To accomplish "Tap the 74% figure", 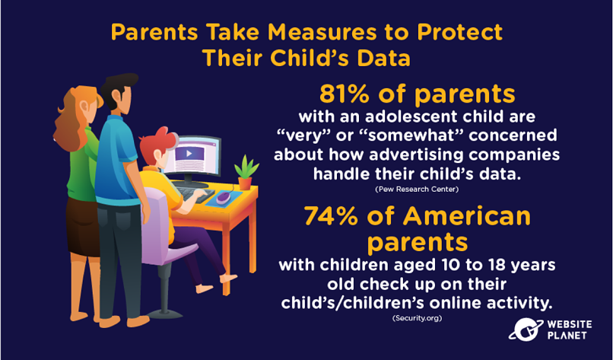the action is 331,216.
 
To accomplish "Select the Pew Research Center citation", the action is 417,190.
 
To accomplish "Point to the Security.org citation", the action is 417,318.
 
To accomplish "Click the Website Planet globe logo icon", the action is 526,329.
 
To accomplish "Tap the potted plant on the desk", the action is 246,173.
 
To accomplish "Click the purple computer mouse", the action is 222,198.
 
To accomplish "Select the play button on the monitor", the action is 189,154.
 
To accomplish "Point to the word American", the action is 466,216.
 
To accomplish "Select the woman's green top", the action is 81,164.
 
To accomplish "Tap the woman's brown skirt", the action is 83,227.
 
